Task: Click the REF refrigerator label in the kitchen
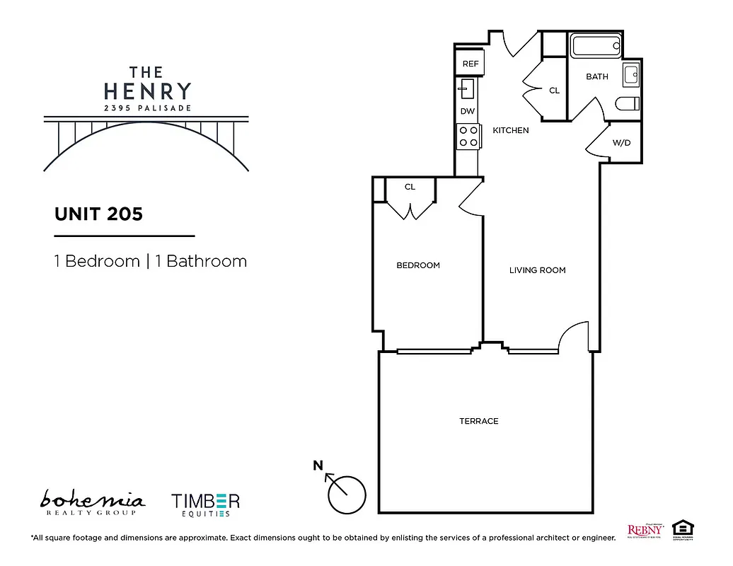(x=471, y=64)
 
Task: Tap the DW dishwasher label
(x=467, y=111)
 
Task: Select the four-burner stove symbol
(x=468, y=135)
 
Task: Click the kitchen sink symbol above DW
(x=468, y=89)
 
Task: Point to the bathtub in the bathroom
(x=596, y=48)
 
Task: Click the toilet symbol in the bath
(x=627, y=104)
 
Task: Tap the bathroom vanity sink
(x=631, y=74)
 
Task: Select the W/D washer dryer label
(x=621, y=142)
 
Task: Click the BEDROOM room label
(x=417, y=265)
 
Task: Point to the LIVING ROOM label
(x=537, y=270)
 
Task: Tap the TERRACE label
(x=478, y=421)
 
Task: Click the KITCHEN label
(x=510, y=130)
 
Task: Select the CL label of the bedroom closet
(x=410, y=187)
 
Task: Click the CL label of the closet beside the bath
(x=554, y=91)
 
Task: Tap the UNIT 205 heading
(x=98, y=214)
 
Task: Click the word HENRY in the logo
(x=147, y=91)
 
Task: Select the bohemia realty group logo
(x=92, y=502)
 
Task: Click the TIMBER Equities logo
(x=205, y=504)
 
